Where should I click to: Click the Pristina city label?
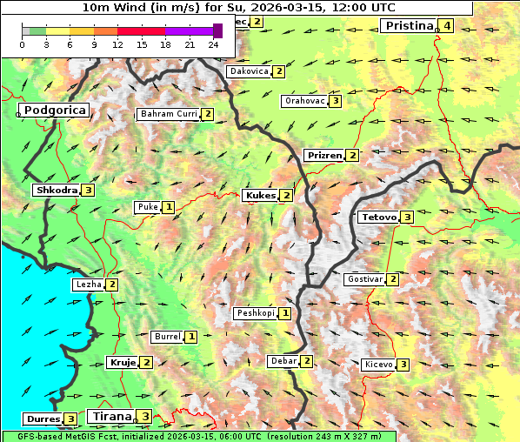pyautogui.click(x=408, y=26)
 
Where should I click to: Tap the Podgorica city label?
pyautogui.click(x=54, y=110)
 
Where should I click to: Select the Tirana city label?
pyautogui.click(x=111, y=417)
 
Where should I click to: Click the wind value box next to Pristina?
pyautogui.click(x=447, y=26)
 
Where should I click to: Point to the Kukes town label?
pyautogui.click(x=260, y=196)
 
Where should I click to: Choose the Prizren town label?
pyautogui.click(x=323, y=156)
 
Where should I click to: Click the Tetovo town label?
pyautogui.click(x=378, y=217)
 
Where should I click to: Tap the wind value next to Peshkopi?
pyautogui.click(x=285, y=313)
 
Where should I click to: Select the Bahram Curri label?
pyautogui.click(x=169, y=114)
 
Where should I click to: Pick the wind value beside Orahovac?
pyautogui.click(x=336, y=101)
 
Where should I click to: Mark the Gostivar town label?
pyautogui.click(x=364, y=279)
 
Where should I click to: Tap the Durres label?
pyautogui.click(x=42, y=419)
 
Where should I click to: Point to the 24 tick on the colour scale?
pyautogui.click(x=213, y=45)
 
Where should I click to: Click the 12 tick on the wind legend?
pyautogui.click(x=117, y=45)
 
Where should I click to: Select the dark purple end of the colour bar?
pyautogui.click(x=217, y=30)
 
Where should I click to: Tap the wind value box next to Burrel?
pyautogui.click(x=191, y=337)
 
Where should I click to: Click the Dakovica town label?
pyautogui.click(x=248, y=71)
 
